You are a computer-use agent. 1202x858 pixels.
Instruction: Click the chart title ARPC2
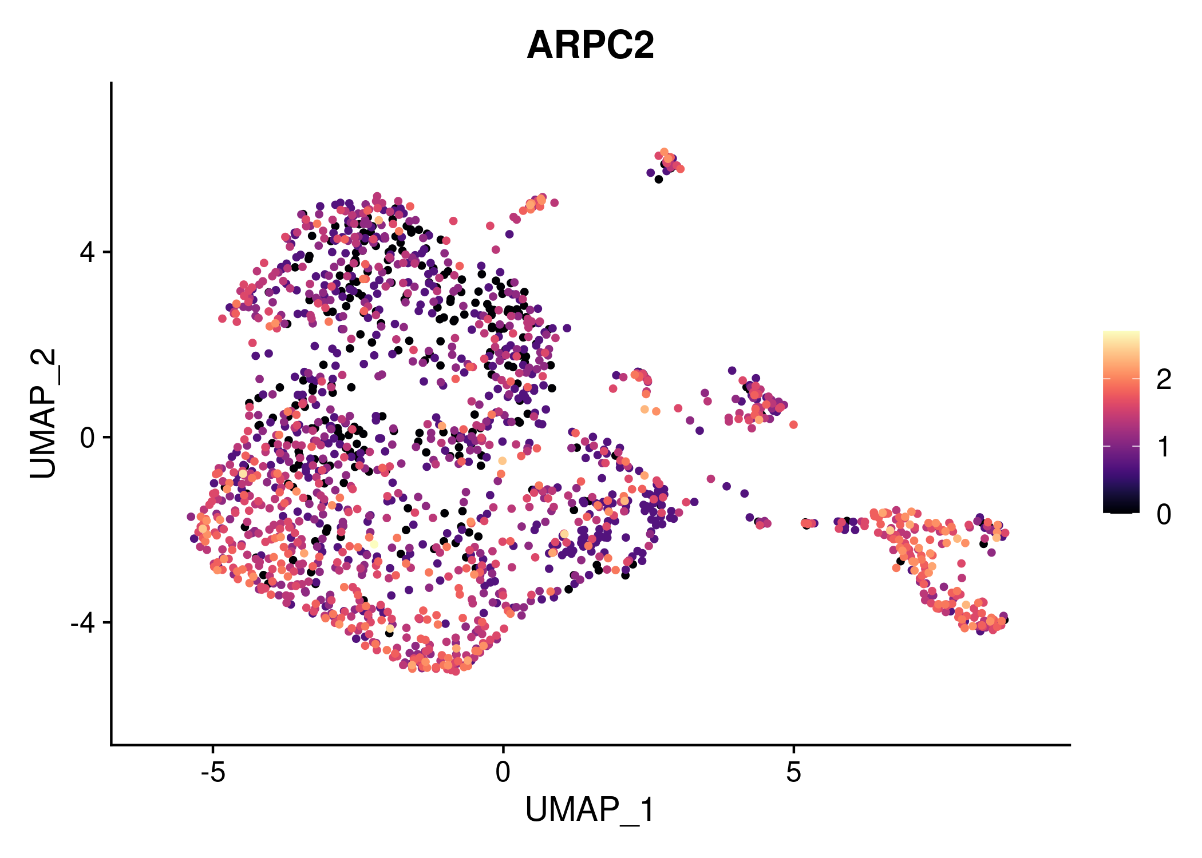point(590,45)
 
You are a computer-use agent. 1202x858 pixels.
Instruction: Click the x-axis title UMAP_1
point(590,811)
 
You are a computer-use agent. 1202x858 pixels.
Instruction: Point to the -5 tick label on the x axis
point(212,773)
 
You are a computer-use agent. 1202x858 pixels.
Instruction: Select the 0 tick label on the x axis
point(503,773)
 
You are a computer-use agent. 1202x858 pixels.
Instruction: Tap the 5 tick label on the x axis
point(793,773)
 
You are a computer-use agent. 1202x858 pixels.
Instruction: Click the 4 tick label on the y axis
point(88,252)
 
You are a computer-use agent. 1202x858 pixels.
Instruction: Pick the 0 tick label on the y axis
point(88,438)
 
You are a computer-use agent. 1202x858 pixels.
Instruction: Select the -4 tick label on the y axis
point(83,622)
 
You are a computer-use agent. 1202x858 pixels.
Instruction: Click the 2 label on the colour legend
point(1164,379)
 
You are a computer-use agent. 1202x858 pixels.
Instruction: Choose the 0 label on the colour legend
point(1164,514)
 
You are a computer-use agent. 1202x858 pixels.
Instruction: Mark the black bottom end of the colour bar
point(1121,509)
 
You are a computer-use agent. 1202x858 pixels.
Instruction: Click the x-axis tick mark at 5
point(793,749)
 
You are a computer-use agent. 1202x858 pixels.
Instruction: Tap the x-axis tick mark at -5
point(213,749)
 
